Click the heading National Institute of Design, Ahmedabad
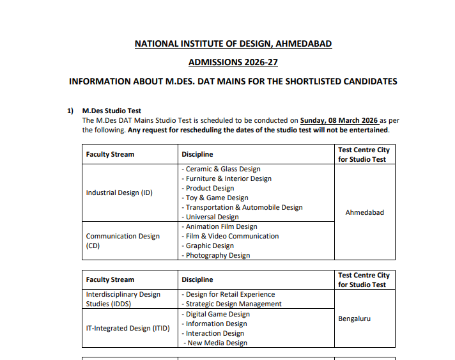[x=233, y=43]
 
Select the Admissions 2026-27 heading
[x=233, y=62]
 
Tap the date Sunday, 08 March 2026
[x=339, y=120]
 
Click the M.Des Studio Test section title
[x=112, y=111]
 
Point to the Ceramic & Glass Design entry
[x=221, y=169]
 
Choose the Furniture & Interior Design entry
[x=226, y=178]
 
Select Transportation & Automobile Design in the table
[x=242, y=207]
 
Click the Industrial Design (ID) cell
[x=120, y=192]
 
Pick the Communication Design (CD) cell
[x=123, y=240]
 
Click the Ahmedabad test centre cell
[x=364, y=212]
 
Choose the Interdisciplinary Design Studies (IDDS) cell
[x=123, y=299]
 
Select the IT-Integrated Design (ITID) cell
[x=128, y=328]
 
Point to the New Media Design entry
[x=217, y=343]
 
